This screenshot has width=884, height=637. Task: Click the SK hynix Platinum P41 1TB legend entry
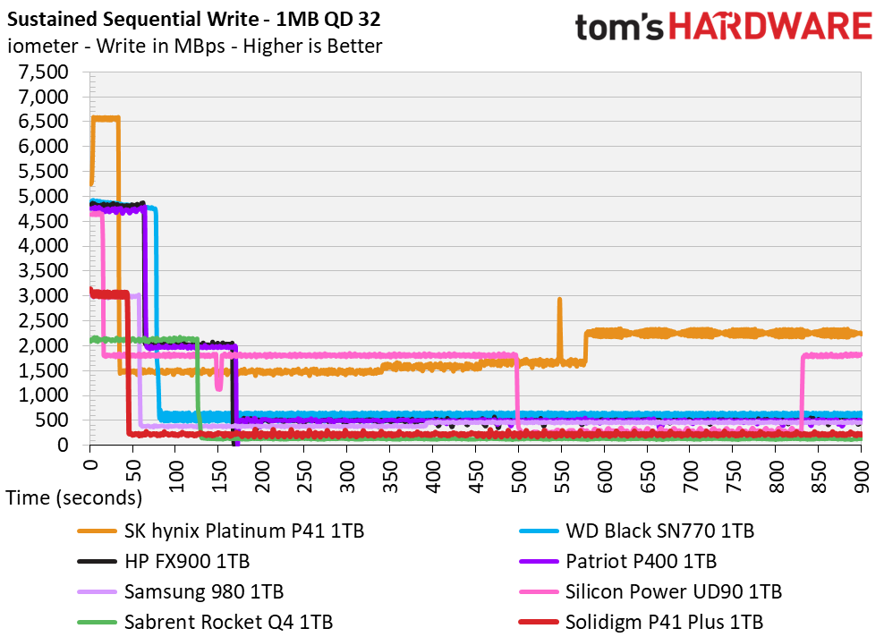click(221, 531)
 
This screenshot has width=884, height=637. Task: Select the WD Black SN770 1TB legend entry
click(636, 531)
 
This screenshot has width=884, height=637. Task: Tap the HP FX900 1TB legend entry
click(164, 562)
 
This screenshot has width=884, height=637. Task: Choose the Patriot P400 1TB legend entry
click(618, 562)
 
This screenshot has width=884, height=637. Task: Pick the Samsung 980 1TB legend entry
click(181, 592)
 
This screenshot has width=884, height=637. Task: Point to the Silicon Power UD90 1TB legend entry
click(650, 592)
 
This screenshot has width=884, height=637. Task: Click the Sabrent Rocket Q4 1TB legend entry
click(205, 623)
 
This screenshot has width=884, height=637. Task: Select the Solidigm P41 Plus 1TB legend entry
click(641, 623)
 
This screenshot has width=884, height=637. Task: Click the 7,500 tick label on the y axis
click(44, 72)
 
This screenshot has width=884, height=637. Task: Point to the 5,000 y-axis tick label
click(44, 196)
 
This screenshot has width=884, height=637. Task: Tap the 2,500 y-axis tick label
click(44, 321)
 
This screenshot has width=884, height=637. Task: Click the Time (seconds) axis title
click(74, 498)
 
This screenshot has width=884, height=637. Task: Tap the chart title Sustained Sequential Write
click(133, 19)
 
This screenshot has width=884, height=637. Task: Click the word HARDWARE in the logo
click(770, 27)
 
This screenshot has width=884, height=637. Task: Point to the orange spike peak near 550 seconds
click(559, 300)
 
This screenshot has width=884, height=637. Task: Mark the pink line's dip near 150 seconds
click(218, 386)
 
